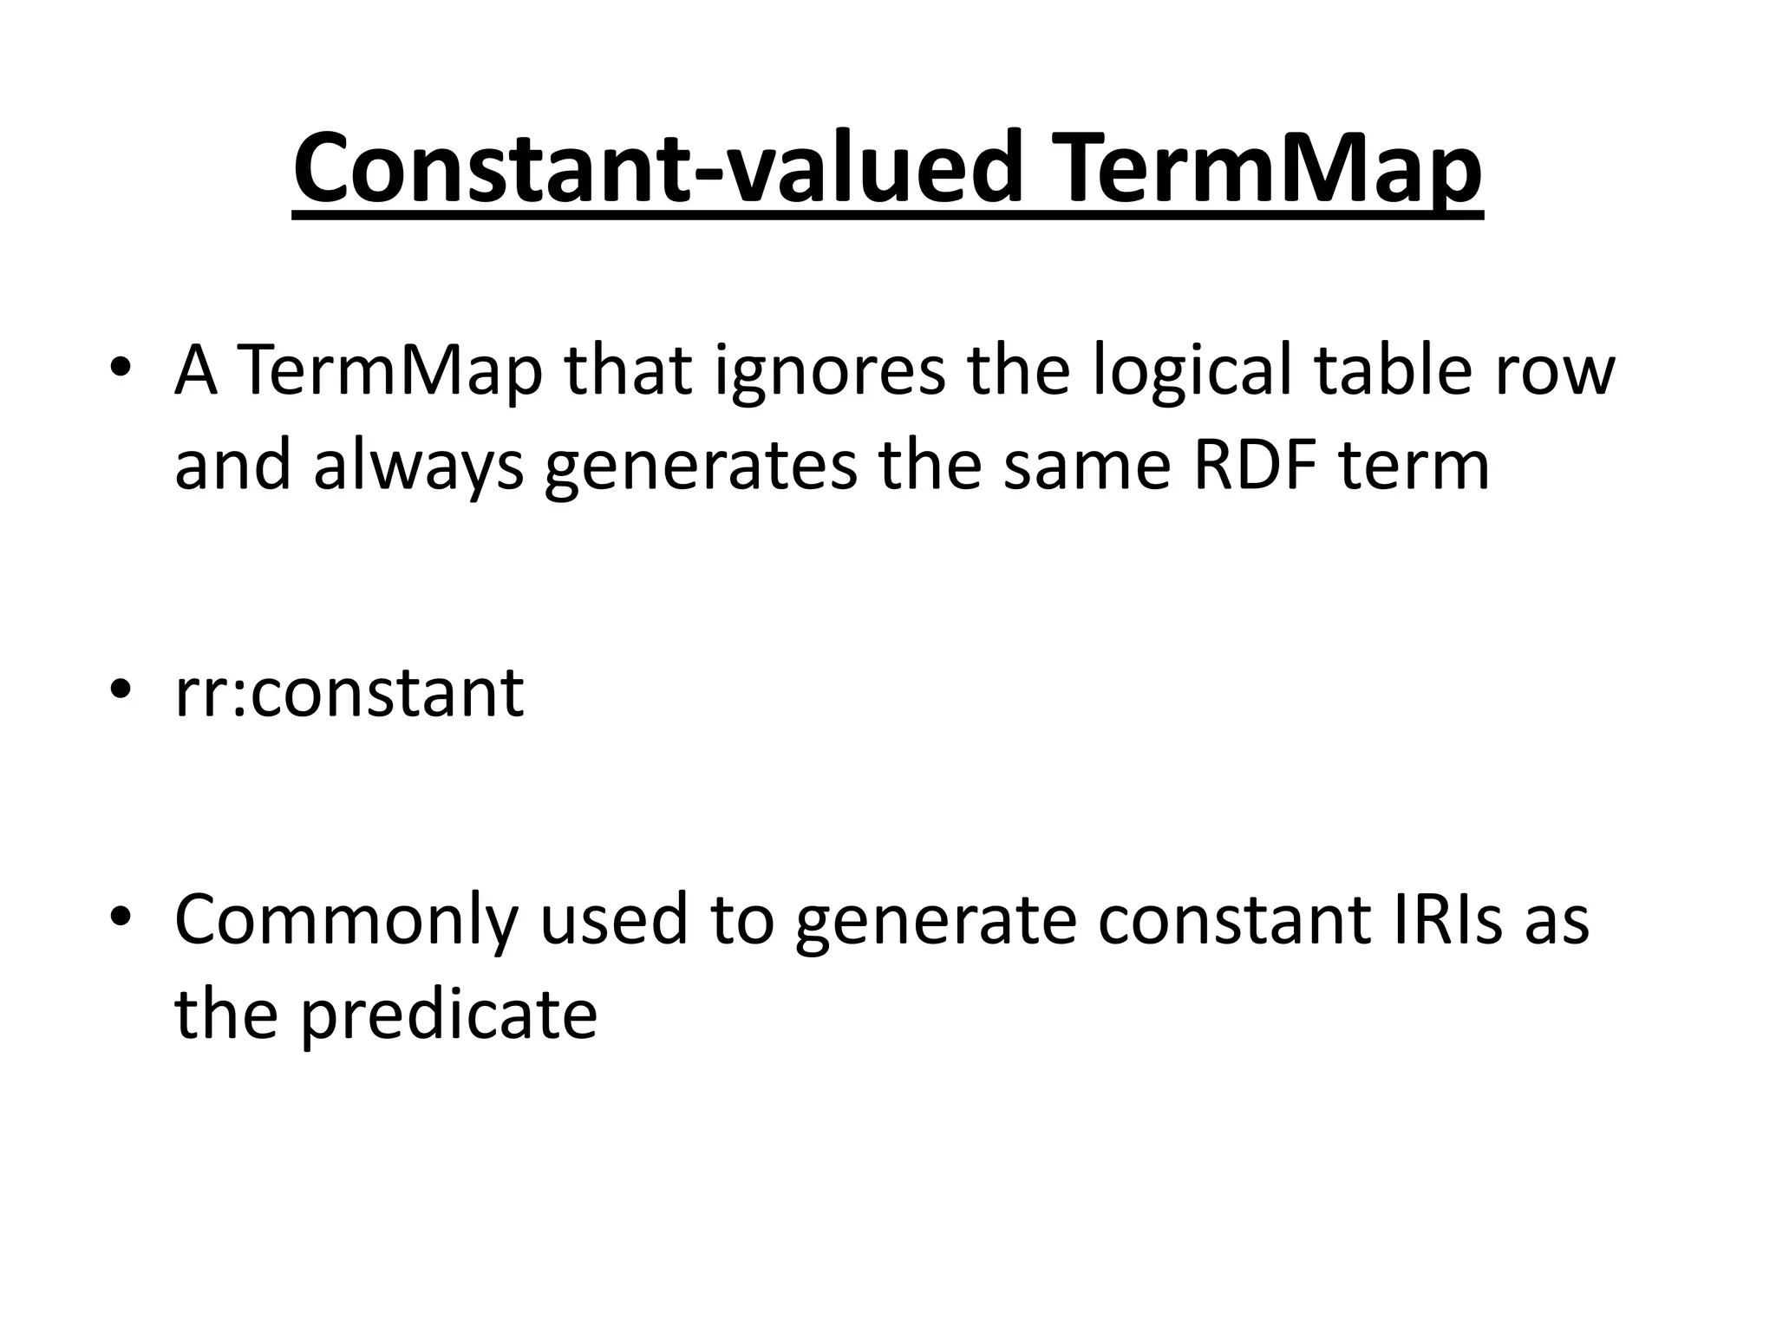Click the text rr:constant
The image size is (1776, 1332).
click(x=349, y=693)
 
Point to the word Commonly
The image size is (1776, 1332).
click(x=346, y=921)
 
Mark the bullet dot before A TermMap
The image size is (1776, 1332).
click(x=121, y=369)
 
